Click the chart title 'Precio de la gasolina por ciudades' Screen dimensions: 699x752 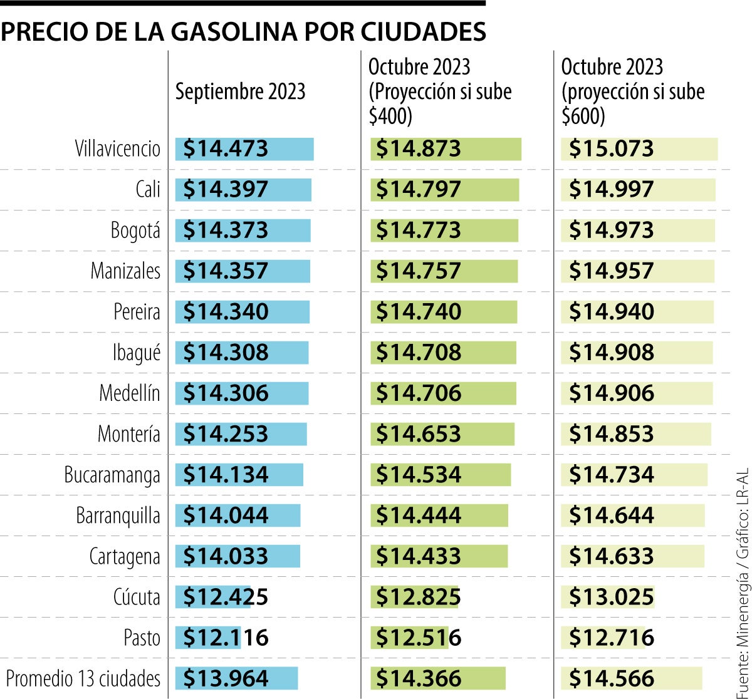(x=243, y=32)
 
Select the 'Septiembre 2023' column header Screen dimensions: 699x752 (x=240, y=91)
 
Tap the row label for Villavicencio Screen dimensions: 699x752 (x=117, y=149)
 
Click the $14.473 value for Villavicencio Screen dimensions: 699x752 (x=226, y=149)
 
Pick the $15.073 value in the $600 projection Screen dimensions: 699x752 (x=612, y=149)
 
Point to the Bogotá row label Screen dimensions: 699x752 (x=135, y=230)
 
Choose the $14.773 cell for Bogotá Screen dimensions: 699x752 (x=419, y=230)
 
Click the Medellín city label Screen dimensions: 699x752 (x=129, y=393)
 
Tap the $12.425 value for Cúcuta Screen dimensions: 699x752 (x=226, y=597)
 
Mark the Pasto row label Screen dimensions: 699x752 (x=142, y=638)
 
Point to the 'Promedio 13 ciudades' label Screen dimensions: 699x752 (x=83, y=678)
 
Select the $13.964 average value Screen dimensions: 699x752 (x=226, y=678)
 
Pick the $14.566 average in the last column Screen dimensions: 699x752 (x=612, y=678)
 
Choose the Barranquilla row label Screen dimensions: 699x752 (x=118, y=516)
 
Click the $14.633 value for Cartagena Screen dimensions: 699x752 (x=612, y=556)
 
